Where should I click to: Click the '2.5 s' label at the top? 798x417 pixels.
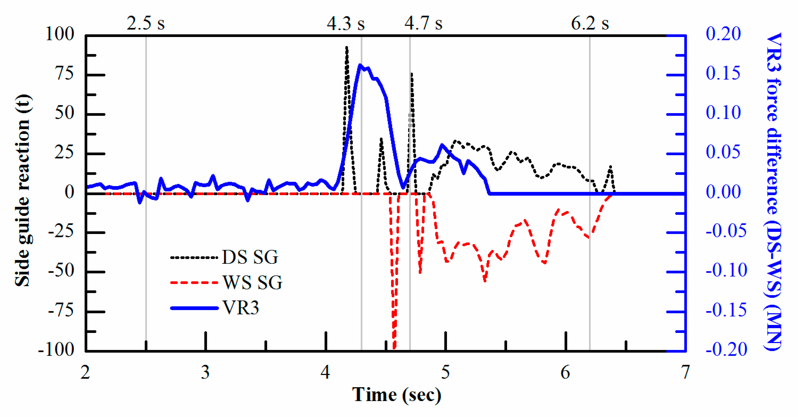145,23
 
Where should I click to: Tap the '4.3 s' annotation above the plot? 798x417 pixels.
346,23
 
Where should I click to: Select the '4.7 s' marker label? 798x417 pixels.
423,23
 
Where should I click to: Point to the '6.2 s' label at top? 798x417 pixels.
590,23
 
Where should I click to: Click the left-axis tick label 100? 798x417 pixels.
60,34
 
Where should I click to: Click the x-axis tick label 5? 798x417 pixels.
446,372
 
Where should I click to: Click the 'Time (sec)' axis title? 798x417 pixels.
397,395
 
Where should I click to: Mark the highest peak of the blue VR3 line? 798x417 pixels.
360,65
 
